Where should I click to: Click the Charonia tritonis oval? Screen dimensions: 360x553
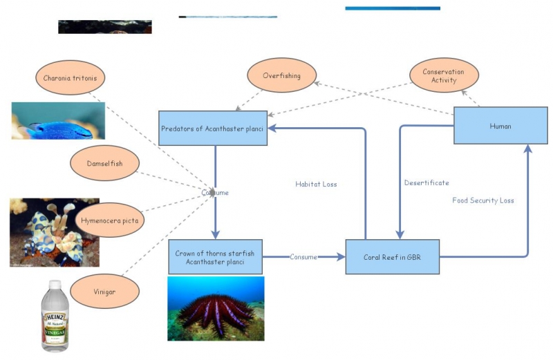(x=70, y=78)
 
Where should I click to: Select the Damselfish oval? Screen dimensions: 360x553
(x=105, y=163)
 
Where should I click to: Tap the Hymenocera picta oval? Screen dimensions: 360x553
(x=109, y=220)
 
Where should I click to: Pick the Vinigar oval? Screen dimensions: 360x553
(x=105, y=292)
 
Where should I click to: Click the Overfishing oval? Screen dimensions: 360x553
(x=282, y=75)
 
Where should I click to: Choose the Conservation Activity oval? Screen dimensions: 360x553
(x=444, y=76)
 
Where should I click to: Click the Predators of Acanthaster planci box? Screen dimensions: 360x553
(x=214, y=128)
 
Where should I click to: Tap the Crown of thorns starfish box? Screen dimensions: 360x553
(x=214, y=257)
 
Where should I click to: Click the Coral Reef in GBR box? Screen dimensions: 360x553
(x=392, y=256)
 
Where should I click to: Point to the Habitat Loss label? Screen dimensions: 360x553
(x=316, y=184)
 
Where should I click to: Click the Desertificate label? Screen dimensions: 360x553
(x=427, y=182)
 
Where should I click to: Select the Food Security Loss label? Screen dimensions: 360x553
(x=483, y=200)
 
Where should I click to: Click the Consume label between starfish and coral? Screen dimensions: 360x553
(x=303, y=257)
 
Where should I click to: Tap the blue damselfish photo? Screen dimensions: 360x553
(x=58, y=121)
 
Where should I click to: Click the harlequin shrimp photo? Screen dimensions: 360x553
(x=54, y=232)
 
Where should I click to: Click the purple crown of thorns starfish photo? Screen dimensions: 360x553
(x=216, y=309)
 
